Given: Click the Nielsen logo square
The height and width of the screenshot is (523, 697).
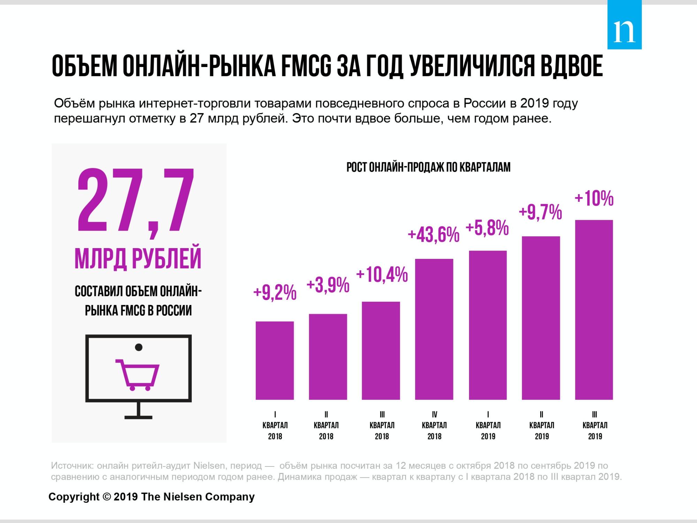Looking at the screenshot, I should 624,24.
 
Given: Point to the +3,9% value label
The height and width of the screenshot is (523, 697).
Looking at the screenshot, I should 328,286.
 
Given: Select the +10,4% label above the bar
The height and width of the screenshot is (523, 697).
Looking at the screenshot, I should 382,275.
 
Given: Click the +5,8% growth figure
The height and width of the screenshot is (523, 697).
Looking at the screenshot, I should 487,229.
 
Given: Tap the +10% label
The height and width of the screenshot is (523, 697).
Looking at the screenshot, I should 594,199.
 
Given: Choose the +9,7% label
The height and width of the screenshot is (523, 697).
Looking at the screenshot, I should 540,213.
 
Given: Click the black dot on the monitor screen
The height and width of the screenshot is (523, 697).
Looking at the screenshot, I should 138,347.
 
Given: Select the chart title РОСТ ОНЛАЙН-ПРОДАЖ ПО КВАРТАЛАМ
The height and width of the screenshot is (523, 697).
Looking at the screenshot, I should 428,167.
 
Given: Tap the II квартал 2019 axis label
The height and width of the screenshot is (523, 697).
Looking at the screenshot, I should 542,425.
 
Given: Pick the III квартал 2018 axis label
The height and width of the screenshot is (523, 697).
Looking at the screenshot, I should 382,425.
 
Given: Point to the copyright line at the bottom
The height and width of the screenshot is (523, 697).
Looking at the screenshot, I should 152,496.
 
